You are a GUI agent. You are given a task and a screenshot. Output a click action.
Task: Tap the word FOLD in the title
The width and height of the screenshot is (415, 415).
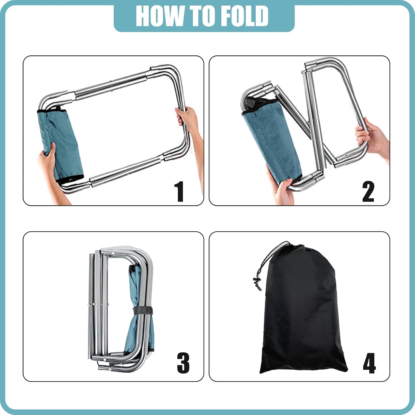245,16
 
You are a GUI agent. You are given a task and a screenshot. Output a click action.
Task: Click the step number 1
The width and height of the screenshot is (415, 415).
179,191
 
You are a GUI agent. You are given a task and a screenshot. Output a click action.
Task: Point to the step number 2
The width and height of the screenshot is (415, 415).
368,191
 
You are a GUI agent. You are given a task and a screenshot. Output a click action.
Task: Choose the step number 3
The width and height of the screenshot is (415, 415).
183,363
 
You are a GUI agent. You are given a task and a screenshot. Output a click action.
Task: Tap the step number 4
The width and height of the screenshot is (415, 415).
369,363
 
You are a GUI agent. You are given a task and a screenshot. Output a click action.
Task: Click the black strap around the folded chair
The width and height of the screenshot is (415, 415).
143,311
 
